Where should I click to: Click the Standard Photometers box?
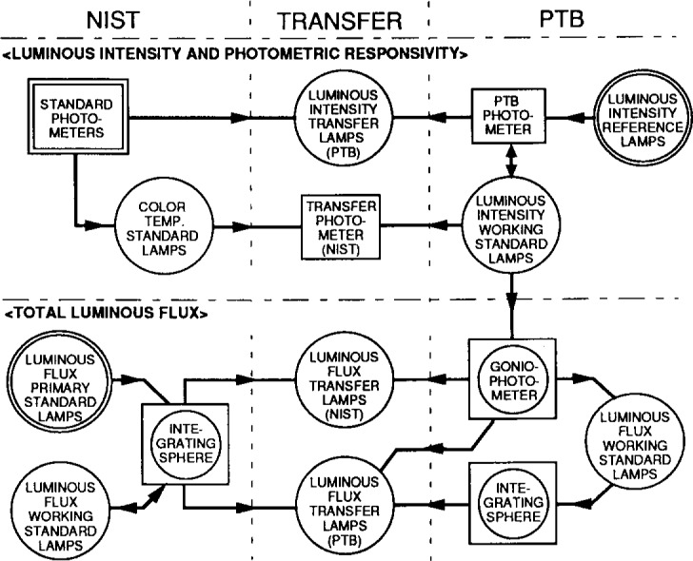point(71,120)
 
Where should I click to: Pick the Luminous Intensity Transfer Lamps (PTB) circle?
point(338,120)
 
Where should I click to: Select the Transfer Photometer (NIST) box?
point(339,225)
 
